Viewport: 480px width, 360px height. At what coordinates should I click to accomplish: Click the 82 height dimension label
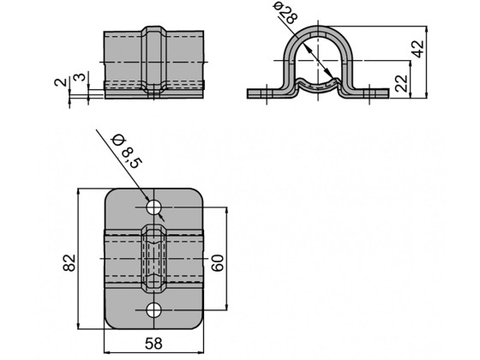click(x=69, y=262)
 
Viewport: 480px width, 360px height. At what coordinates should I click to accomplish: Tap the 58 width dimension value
click(x=153, y=344)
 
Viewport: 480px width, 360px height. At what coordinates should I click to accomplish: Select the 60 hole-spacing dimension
click(x=218, y=262)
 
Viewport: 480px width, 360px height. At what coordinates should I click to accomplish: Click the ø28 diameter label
click(x=285, y=13)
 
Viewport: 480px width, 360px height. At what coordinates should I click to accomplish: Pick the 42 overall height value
click(x=418, y=48)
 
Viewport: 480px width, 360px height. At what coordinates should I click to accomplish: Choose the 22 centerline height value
click(x=401, y=83)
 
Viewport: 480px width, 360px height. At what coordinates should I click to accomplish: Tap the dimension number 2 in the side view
click(x=60, y=82)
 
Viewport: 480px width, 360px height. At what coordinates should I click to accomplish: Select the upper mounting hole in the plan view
click(x=153, y=207)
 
